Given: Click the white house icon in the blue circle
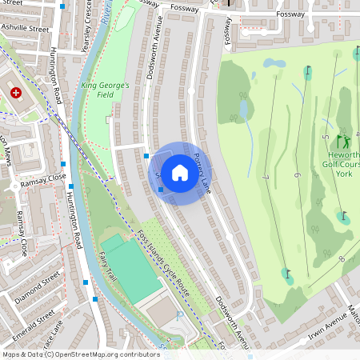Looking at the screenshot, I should (x=180, y=172).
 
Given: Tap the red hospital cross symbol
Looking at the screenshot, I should (x=15, y=94).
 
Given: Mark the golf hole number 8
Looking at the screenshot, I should (x=341, y=258).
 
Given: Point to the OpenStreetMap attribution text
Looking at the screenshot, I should (x=80, y=354).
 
